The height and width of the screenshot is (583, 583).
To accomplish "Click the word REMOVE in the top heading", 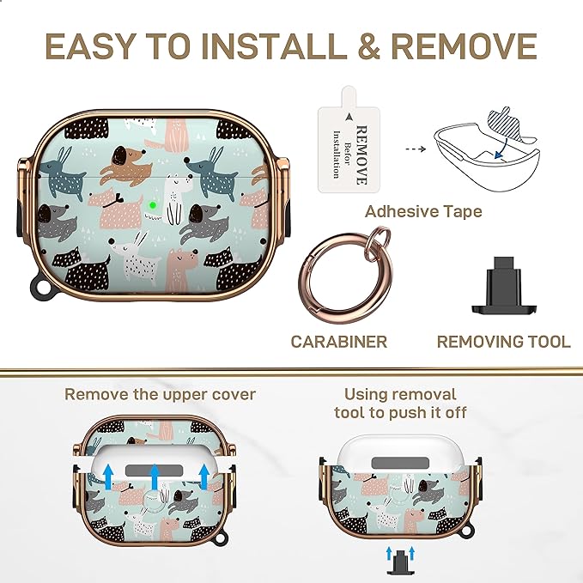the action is (464, 46).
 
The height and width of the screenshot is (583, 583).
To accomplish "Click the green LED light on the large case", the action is (153, 205).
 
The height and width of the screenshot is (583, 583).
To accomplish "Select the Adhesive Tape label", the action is (423, 211).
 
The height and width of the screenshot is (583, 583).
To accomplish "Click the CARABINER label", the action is (338, 342).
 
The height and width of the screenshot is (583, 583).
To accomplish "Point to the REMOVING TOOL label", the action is (504, 342).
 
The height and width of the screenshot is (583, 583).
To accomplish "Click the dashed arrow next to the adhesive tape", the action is (416, 149).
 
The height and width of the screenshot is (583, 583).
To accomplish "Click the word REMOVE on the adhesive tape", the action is (361, 155).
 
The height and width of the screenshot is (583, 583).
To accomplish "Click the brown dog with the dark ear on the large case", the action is (126, 164).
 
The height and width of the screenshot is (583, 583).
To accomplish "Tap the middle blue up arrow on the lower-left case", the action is (155, 477).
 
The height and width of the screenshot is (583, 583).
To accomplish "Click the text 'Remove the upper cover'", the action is (161, 394).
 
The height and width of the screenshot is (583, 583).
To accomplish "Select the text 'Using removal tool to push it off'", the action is (400, 404).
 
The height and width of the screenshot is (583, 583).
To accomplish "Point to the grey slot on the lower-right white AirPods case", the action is (400, 464).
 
